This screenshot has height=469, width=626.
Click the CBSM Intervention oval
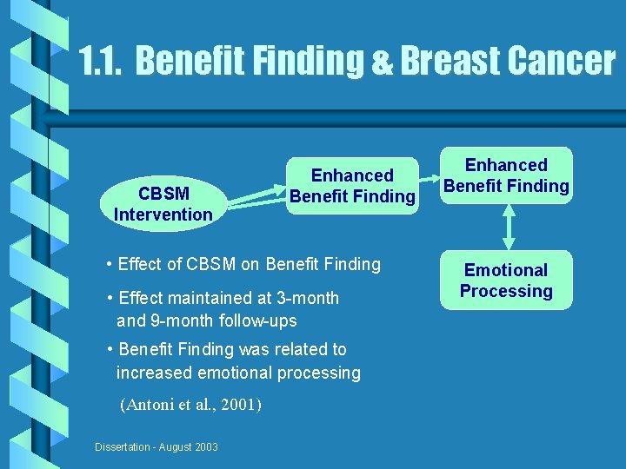[x=163, y=203]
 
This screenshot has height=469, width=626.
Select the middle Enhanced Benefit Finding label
[x=352, y=186]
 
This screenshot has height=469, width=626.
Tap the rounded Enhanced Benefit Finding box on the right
[x=505, y=175]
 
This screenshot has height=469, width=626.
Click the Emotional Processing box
[x=505, y=281]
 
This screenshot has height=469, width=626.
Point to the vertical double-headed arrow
[x=509, y=228]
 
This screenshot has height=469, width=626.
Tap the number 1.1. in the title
[x=102, y=61]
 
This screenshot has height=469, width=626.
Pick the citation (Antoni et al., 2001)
[x=191, y=404]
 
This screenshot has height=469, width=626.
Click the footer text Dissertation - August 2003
[x=156, y=446]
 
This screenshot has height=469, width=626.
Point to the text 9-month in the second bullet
[x=180, y=320]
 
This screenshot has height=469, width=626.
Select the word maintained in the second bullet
[x=206, y=298]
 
